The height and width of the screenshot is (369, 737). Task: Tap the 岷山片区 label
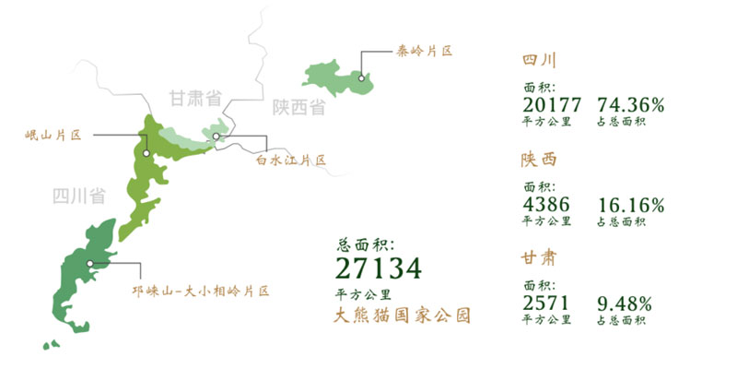coord(53,136)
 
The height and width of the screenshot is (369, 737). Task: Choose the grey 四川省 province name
coord(77,196)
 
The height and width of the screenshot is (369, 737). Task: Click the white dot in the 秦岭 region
coord(362,78)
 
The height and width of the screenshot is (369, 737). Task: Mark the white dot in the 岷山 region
coord(146,154)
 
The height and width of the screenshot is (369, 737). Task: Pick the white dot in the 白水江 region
coord(216,137)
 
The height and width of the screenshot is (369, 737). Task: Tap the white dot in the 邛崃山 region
coord(89,264)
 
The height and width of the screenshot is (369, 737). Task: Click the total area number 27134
coord(379,268)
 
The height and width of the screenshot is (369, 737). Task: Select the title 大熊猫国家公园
coord(403,315)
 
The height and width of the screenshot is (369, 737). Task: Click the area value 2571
coord(546,303)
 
